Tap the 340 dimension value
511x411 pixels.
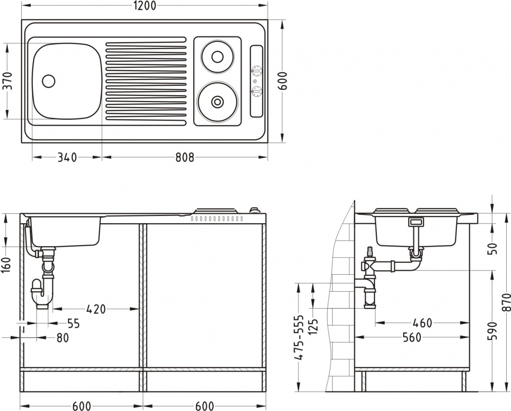point(67,157)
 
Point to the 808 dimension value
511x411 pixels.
point(184,157)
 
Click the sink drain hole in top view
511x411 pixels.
point(49,80)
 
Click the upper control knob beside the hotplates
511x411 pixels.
point(256,71)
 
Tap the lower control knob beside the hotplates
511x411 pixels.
point(256,92)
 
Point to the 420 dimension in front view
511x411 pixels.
point(96,309)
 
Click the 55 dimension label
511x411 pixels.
point(73,323)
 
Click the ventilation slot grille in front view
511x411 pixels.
point(217,218)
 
